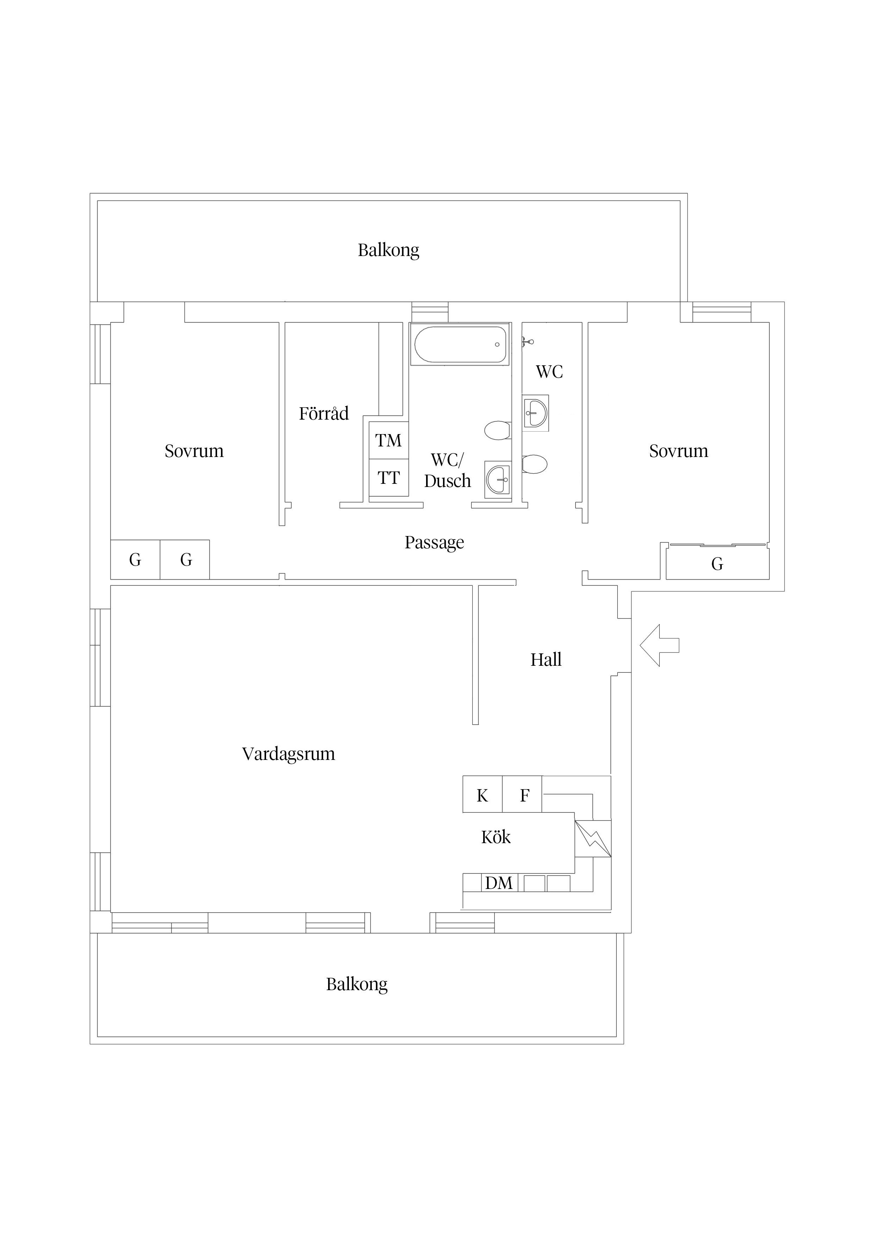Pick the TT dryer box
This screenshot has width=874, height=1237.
(388, 477)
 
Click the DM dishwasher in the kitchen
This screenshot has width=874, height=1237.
(499, 883)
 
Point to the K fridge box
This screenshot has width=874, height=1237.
(482, 795)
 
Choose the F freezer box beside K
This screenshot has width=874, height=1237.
(524, 795)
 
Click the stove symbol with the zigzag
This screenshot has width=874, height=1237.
(592, 838)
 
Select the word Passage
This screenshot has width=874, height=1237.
(434, 542)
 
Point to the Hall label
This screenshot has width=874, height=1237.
(546, 659)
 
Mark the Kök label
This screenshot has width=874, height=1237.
(496, 837)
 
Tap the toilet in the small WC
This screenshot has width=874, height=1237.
(535, 464)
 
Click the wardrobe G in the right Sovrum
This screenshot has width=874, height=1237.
(717, 563)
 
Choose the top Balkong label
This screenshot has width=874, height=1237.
(388, 250)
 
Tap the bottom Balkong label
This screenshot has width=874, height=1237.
(357, 984)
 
